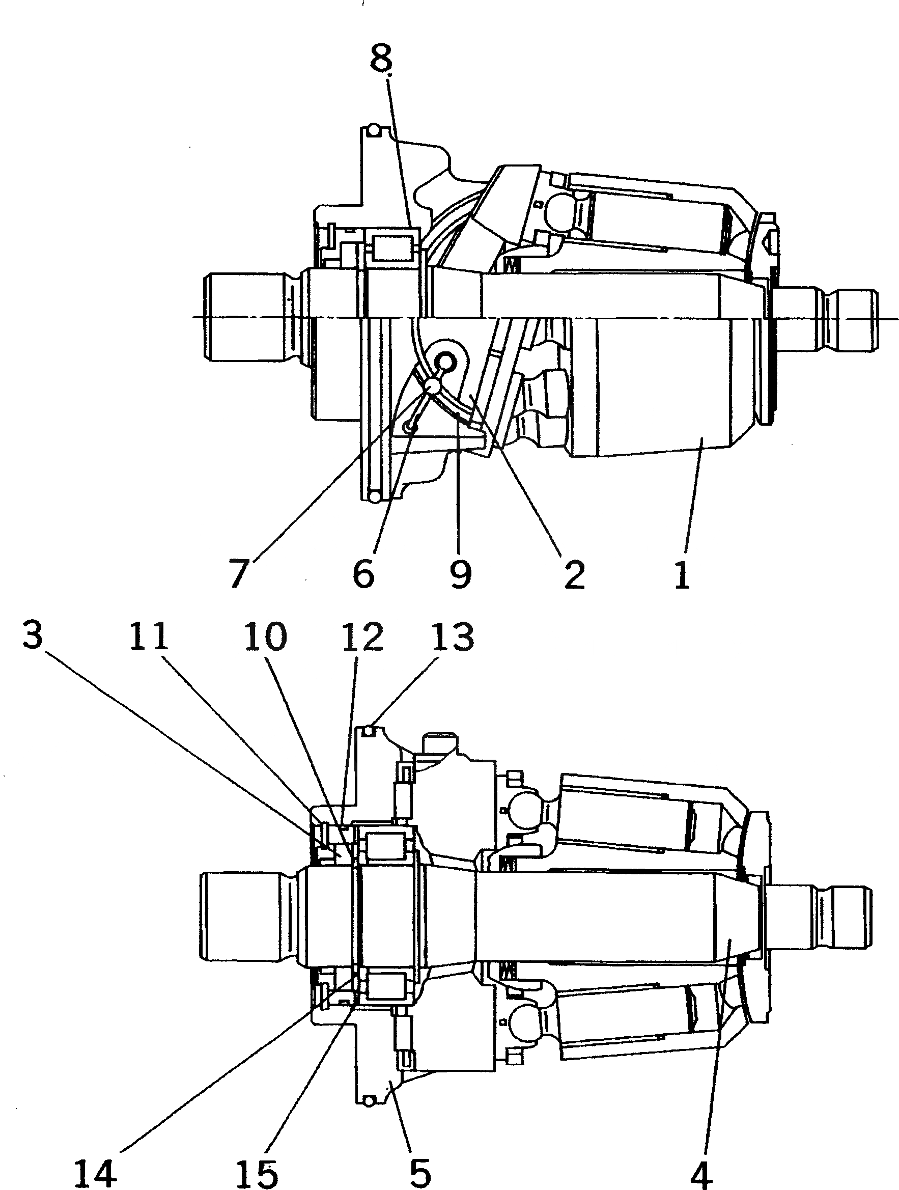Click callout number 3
point(32,636)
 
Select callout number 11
point(149,636)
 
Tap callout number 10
point(265,636)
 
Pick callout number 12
point(363,636)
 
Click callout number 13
point(453,636)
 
